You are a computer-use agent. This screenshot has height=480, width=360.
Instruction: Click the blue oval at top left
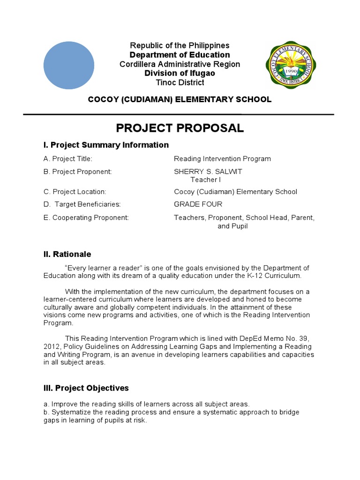pos(68,65)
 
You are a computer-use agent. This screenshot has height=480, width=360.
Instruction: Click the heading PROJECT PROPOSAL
pos(180,128)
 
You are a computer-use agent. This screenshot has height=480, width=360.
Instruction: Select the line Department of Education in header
pos(180,55)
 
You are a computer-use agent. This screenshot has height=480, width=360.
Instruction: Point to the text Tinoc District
pos(180,82)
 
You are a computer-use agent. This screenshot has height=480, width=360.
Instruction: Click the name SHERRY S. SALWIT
pos(208,172)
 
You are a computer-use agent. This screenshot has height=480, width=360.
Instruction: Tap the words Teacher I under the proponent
pos(205,180)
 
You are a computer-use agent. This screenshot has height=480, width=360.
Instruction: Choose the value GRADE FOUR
pos(198,204)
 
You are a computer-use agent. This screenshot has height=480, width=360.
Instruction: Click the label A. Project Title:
pos(67,159)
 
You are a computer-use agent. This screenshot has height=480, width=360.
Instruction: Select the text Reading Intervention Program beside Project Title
pos(222,159)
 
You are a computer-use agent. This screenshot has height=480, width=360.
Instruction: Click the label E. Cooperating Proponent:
pos(86,217)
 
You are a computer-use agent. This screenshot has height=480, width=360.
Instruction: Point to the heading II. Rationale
pos(67,254)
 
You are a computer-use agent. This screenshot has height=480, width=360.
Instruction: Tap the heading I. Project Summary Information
pos(106,145)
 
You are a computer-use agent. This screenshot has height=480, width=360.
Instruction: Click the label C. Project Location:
pos(75,192)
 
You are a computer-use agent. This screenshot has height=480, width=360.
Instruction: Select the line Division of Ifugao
pos(180,73)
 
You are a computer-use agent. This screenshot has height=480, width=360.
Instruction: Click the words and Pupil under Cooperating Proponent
pos(232,226)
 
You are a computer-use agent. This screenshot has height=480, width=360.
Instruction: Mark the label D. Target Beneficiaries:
pos(82,204)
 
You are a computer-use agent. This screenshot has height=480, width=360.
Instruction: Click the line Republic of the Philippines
pos(180,45)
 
